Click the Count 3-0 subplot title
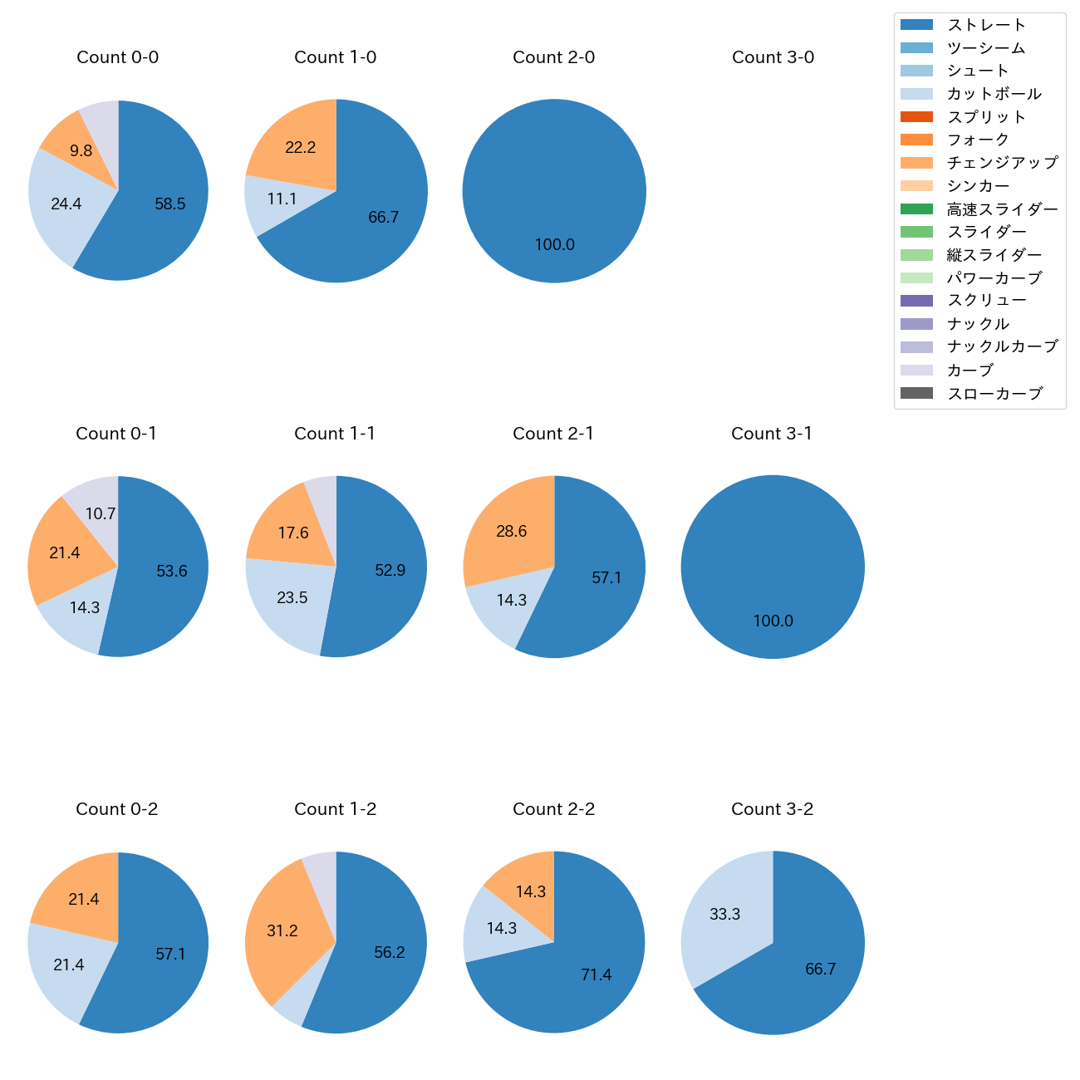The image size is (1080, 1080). point(773,57)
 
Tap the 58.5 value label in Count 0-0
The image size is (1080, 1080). point(170,204)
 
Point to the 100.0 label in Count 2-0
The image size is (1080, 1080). point(554,245)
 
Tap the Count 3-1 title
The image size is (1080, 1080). point(772,434)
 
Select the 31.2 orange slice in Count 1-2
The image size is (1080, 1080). point(282,930)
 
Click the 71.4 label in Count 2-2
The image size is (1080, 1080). point(596,974)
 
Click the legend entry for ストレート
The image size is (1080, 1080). point(986,25)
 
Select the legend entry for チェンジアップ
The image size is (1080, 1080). point(1002,163)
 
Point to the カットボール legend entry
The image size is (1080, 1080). point(994,94)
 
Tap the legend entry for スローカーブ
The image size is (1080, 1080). point(994,394)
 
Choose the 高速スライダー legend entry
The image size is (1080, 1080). point(1002,209)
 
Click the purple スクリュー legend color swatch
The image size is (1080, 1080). point(916,301)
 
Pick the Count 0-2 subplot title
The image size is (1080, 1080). point(117,809)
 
